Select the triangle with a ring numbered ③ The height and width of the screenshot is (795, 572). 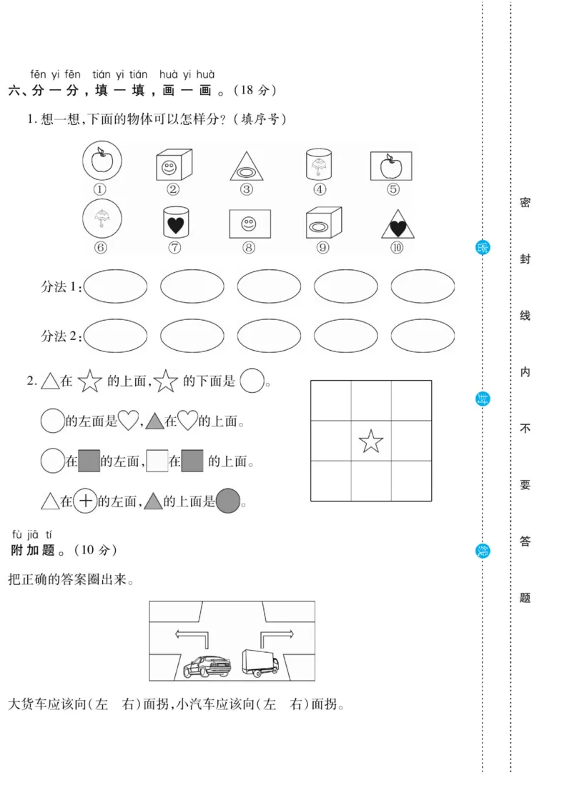(x=247, y=167)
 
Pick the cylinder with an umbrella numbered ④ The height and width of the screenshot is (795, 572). (x=320, y=164)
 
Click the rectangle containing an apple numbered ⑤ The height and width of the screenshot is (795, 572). (x=391, y=166)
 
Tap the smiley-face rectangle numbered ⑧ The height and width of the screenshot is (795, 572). (x=249, y=223)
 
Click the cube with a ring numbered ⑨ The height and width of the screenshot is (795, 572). (x=322, y=223)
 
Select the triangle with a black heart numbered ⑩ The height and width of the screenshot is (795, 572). (x=397, y=225)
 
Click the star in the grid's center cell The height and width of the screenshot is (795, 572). (x=370, y=441)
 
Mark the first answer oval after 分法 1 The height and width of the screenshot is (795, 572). (x=115, y=286)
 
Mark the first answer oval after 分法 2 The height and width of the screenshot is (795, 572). (x=115, y=335)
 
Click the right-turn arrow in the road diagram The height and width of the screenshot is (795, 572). (x=275, y=636)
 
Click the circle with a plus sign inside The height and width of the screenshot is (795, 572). (x=86, y=501)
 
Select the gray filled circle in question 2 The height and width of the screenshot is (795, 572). (x=227, y=501)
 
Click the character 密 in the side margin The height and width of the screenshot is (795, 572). (x=525, y=203)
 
